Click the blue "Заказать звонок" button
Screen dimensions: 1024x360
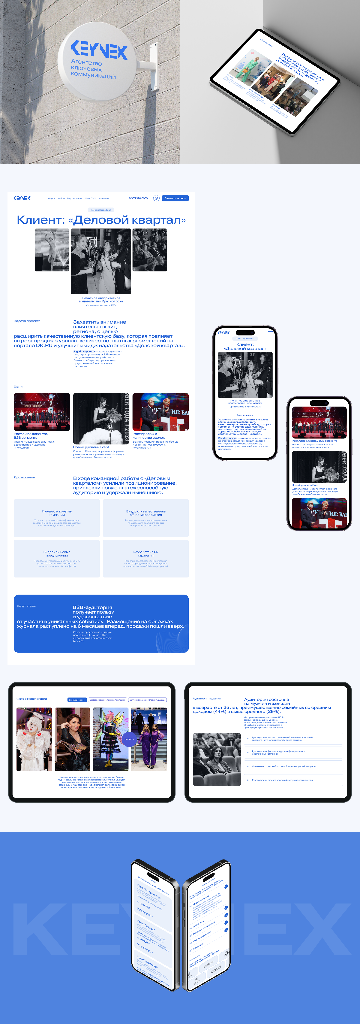click(175, 198)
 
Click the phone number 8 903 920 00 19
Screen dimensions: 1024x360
click(138, 198)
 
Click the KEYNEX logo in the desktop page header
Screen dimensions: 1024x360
click(22, 198)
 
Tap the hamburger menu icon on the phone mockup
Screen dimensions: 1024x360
click(270, 333)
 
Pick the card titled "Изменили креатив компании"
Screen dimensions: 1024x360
click(57, 518)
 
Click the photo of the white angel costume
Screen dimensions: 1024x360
click(34, 739)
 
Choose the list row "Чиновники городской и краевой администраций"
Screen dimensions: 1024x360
click(293, 766)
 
